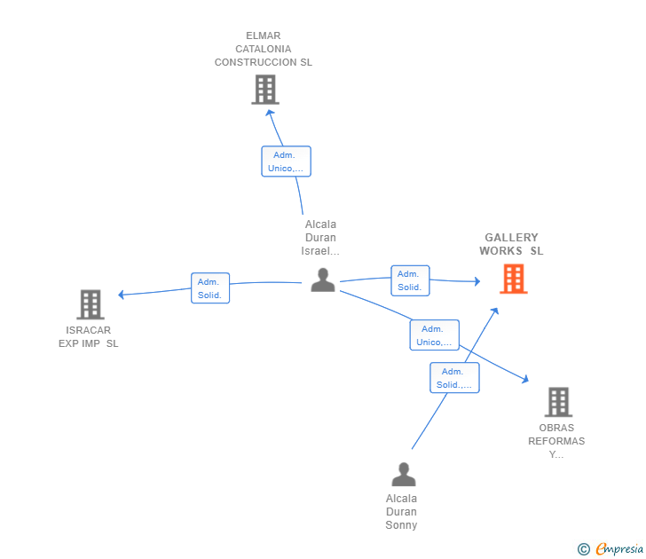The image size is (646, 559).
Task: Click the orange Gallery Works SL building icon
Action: point(513,279)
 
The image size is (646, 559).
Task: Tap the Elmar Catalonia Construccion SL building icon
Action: point(265,90)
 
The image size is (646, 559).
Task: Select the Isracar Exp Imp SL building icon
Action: point(91,304)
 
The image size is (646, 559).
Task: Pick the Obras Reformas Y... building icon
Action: point(559,402)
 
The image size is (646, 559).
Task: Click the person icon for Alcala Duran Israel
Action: point(323,280)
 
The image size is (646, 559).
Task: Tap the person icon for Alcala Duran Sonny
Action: point(404,474)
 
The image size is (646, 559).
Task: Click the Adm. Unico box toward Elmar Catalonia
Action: point(286,161)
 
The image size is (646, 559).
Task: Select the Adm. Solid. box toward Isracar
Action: point(210,288)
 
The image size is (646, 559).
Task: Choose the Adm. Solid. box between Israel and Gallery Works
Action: point(410,280)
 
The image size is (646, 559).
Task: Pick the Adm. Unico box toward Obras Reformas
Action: point(434,335)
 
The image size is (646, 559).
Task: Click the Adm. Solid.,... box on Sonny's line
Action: point(454,378)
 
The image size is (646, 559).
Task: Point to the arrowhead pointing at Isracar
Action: point(121,295)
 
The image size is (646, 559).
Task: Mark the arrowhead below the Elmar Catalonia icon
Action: point(270,113)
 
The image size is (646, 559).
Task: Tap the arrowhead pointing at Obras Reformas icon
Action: point(525,379)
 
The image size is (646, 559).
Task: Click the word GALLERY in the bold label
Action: point(511,237)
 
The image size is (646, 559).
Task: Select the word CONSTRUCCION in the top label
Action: point(255,62)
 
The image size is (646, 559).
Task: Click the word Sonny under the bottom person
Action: point(401,525)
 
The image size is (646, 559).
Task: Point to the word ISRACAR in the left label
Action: point(88,330)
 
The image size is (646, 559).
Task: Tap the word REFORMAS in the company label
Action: point(556,441)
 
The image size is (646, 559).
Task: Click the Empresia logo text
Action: point(619,548)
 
